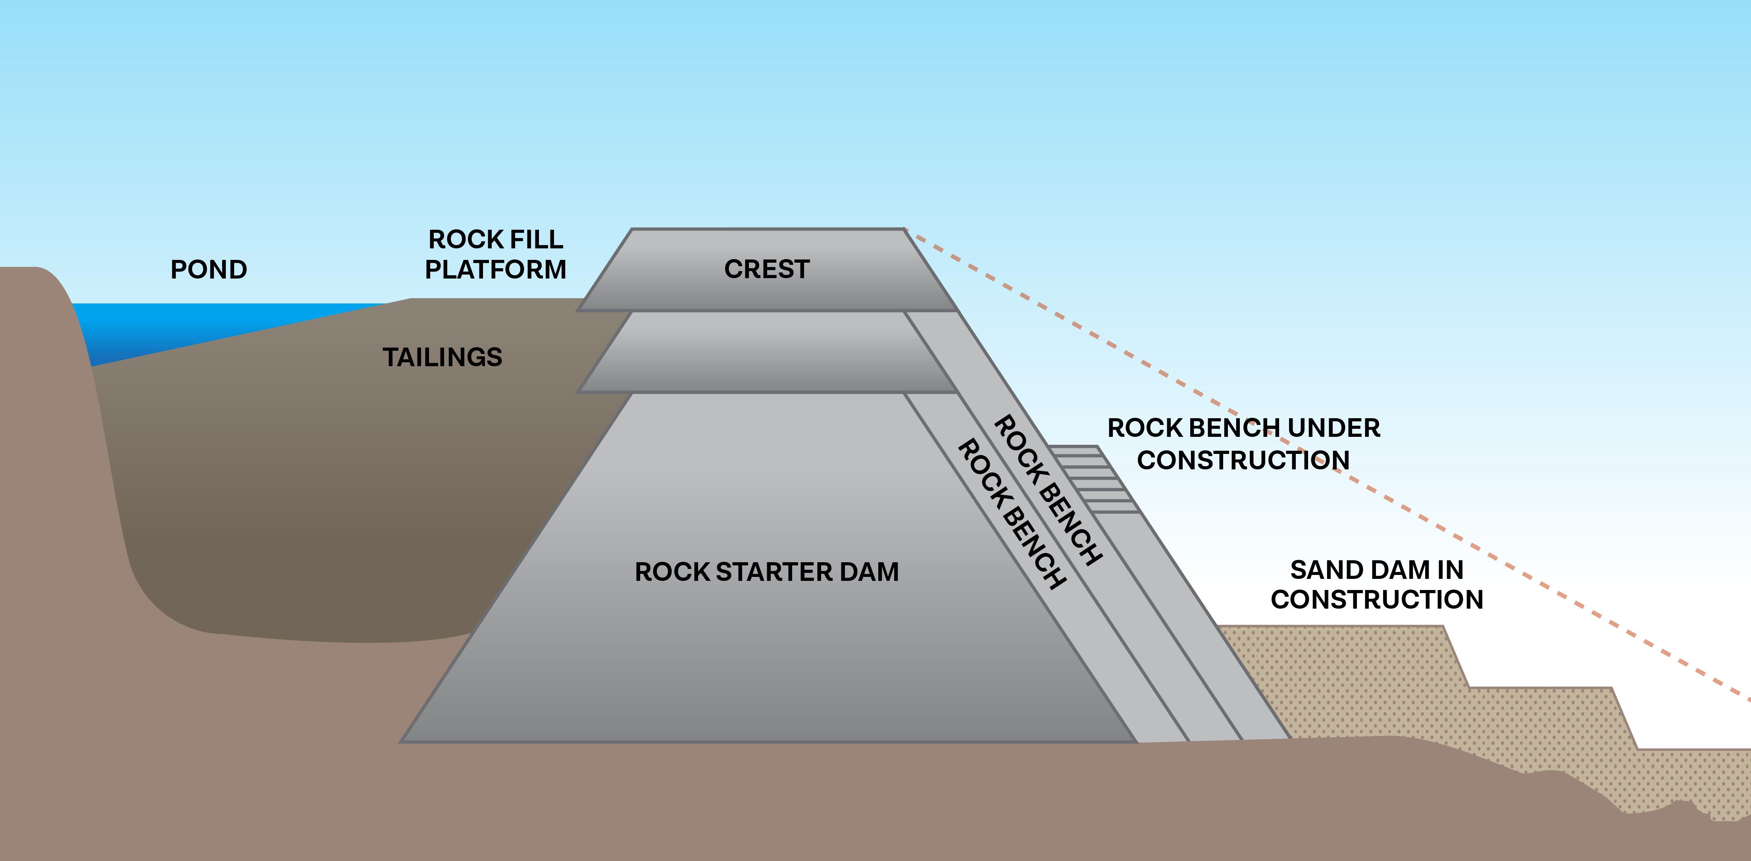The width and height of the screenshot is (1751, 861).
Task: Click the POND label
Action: click(x=209, y=270)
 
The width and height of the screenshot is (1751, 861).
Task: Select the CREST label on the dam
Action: click(x=767, y=269)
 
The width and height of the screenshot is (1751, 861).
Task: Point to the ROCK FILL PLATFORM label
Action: click(x=496, y=255)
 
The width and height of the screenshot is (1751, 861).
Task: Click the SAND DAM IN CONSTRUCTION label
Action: click(x=1376, y=584)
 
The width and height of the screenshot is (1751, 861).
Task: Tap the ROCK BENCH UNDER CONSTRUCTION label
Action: click(x=1243, y=444)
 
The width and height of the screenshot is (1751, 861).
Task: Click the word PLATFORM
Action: click(x=496, y=270)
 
